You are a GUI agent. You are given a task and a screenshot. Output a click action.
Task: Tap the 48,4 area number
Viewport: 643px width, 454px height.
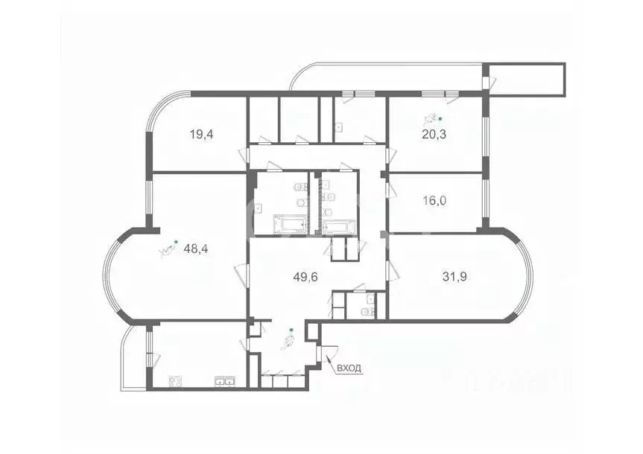(195, 249)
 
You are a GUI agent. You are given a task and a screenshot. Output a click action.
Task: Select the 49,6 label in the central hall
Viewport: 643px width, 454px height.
(305, 278)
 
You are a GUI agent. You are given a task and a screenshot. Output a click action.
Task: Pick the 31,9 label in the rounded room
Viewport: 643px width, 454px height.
(455, 278)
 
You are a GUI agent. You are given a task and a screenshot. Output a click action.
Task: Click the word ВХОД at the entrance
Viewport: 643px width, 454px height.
(349, 368)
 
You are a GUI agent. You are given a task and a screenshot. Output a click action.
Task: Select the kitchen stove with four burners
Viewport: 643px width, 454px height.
(176, 383)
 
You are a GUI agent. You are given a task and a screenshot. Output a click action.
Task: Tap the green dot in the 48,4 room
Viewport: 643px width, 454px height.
(175, 241)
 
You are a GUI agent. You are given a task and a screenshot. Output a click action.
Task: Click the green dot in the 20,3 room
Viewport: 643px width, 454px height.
(440, 118)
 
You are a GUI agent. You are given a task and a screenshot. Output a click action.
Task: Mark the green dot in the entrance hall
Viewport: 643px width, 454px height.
(291, 329)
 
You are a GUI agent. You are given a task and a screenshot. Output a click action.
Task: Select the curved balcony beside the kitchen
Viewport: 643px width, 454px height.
(131, 357)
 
